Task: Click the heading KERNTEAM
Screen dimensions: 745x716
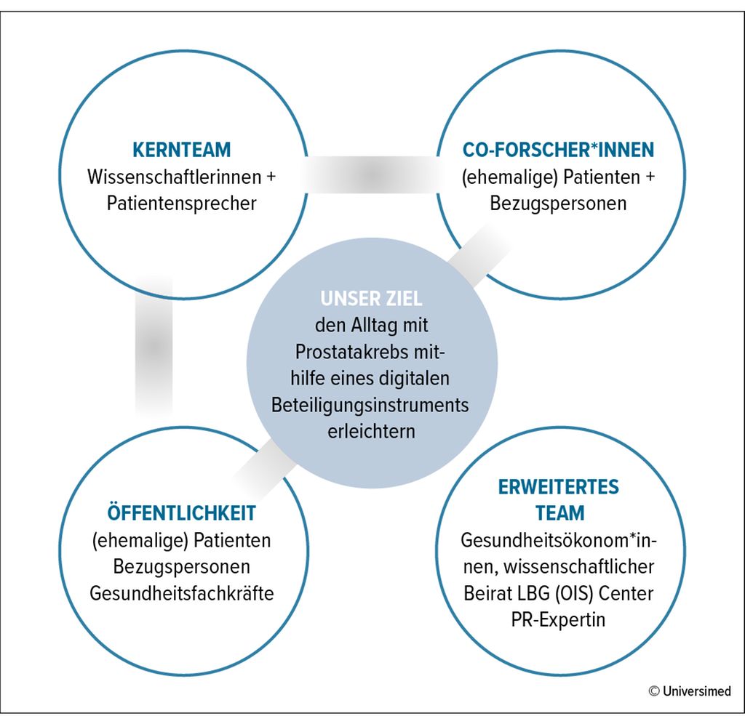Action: coord(181,150)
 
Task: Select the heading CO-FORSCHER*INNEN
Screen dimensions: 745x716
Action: coord(558,150)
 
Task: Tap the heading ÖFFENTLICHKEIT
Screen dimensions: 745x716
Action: coord(181,512)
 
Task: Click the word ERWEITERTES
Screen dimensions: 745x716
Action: coord(559,487)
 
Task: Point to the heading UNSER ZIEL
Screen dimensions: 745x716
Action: coord(372,299)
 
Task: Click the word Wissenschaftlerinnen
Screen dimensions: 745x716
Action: coord(175,177)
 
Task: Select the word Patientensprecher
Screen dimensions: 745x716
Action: coord(181,204)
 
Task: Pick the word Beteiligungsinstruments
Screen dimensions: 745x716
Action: coord(370,406)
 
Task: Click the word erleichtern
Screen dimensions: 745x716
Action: coord(372,432)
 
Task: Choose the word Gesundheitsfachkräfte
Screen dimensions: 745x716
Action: coord(181,593)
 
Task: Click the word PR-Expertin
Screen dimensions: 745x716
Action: coord(558,620)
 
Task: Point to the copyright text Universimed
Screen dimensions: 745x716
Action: coord(696,691)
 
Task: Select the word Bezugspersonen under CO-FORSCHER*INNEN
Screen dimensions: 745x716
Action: coord(558,204)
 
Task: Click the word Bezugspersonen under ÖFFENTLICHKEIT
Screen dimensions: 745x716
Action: coord(181,567)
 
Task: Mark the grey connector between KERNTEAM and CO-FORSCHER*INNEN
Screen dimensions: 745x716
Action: coord(372,174)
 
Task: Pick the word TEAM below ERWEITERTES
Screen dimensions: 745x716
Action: coord(559,513)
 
